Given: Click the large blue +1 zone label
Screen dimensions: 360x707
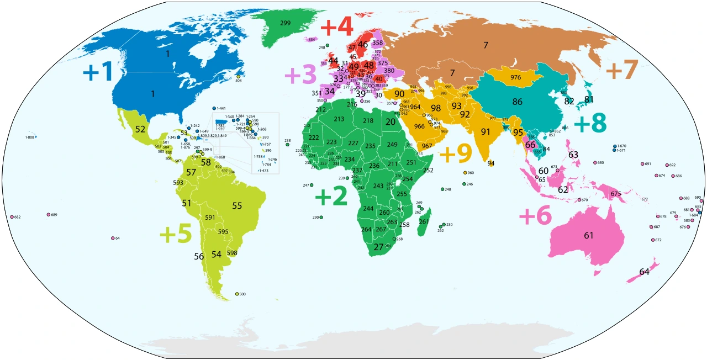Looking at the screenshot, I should tap(97, 72).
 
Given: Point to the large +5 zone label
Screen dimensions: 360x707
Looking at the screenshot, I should tap(175, 234).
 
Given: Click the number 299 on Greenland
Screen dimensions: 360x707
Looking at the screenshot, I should tap(286, 23).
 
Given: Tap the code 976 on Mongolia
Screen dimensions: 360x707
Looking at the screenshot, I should tap(516, 77).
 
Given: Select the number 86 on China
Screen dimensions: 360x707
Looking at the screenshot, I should tap(518, 102).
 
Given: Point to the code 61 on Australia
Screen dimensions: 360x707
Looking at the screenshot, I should tap(589, 236).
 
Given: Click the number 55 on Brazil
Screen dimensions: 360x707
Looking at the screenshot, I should tap(237, 205).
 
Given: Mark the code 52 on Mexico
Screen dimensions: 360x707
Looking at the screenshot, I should tap(140, 129).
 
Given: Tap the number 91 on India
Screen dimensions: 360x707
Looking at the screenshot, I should tap(486, 132).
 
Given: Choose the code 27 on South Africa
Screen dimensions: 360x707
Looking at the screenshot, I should tap(378, 247).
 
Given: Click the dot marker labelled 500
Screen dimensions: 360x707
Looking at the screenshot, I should tap(237, 294).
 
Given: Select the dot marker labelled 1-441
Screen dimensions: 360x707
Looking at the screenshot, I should tap(214, 108).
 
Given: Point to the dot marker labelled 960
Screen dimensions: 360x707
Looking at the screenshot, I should tap(465, 173).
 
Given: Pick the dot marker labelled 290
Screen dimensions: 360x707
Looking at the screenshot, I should tap(321, 218).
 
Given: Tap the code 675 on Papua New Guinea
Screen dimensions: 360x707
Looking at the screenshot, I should tap(616, 194).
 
